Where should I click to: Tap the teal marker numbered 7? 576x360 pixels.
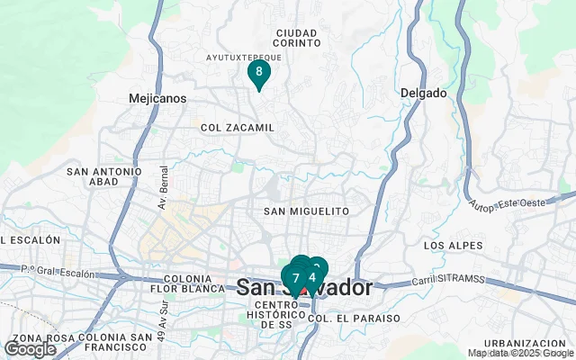point(295,278)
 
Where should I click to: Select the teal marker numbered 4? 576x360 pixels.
point(312,276)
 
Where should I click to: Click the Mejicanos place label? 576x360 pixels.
point(157,97)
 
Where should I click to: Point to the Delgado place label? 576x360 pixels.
point(423,93)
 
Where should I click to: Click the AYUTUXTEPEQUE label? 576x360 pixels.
point(244,56)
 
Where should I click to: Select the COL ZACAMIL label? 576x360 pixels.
point(237,128)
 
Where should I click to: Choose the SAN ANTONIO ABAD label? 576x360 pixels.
point(104,176)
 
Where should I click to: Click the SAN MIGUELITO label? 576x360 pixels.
point(306,211)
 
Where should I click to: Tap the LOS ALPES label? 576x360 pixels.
point(447,245)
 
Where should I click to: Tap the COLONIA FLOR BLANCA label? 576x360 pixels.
point(188,283)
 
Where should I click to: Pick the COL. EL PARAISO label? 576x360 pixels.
point(341,318)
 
